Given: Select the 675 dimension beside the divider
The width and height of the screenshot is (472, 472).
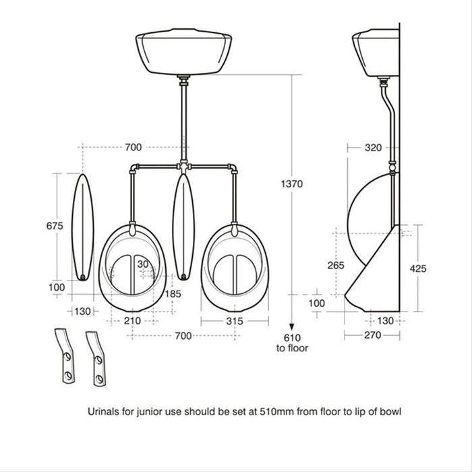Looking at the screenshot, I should pyautogui.click(x=56, y=226).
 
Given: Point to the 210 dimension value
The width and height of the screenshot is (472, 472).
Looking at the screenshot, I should pyautogui.click(x=133, y=321).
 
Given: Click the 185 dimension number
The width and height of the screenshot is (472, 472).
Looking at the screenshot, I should pyautogui.click(x=173, y=295).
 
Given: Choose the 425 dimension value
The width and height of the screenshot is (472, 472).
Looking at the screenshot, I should pyautogui.click(x=418, y=268).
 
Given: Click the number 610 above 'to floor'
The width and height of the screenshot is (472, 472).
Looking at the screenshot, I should pyautogui.click(x=292, y=337).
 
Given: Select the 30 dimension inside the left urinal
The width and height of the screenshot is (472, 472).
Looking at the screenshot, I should pyautogui.click(x=143, y=264).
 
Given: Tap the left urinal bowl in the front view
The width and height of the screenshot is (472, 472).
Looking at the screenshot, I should pyautogui.click(x=132, y=266).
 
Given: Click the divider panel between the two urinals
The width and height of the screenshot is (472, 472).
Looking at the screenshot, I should pyautogui.click(x=183, y=226).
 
